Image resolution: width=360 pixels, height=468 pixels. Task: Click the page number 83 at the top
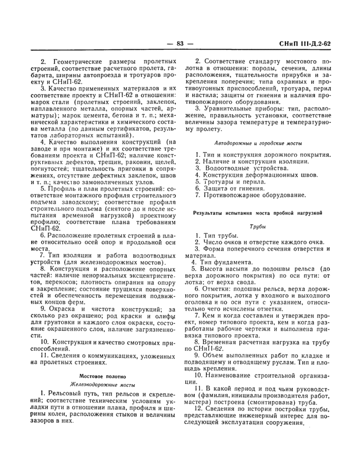coord(180,44)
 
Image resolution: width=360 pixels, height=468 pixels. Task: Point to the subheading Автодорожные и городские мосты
coord(257,142)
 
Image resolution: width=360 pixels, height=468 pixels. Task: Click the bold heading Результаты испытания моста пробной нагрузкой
coord(257,212)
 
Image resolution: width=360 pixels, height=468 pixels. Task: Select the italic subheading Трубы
coord(257,225)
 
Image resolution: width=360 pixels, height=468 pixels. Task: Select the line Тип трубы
coord(220,235)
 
